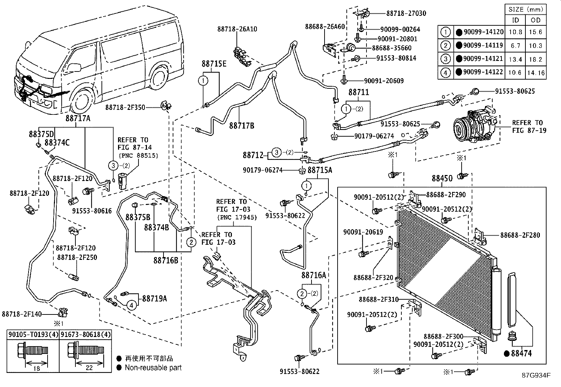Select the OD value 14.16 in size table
point(536,73)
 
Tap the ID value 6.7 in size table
point(515,46)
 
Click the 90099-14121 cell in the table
point(483,59)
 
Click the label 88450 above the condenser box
point(442,179)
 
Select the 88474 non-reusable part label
point(521,353)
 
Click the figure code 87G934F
point(536,375)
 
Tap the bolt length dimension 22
point(89,368)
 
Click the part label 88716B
point(166,261)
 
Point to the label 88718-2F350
point(125,107)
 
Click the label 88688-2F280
point(520,235)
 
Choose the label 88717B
point(241,125)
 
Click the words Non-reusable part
point(153,368)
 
